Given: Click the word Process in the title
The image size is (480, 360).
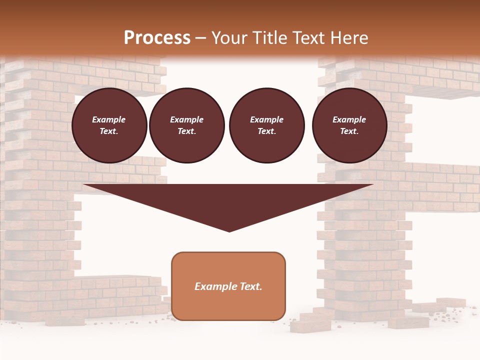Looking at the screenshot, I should point(157,37).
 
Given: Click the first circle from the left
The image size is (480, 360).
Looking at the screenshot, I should point(109,125).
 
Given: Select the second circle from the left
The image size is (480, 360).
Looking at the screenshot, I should point(186,125).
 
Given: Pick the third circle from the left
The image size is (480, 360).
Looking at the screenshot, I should point(266,125).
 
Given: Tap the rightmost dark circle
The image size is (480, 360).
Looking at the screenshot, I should point(349,125).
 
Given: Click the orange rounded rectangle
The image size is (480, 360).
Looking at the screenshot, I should point(228,286).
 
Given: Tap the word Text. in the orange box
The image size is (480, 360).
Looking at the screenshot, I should point(251,286).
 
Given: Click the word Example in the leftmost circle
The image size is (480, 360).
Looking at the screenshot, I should point(109,119).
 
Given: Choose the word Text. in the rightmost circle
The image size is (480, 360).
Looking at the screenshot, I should point(349,131).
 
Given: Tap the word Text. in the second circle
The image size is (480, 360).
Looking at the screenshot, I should point(186,131).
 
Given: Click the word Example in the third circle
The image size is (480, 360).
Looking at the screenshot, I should point(266,119).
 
